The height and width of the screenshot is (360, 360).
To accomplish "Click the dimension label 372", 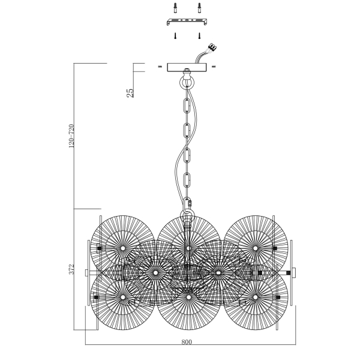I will (x=71, y=270).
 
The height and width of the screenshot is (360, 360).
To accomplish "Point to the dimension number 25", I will (x=130, y=92).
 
